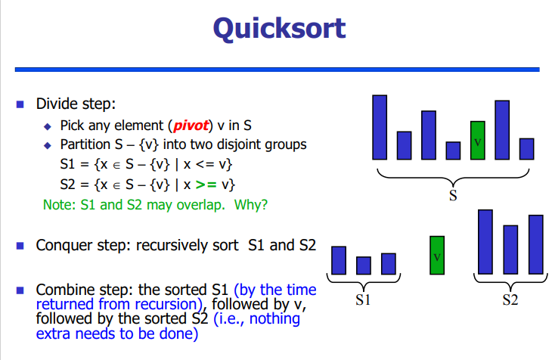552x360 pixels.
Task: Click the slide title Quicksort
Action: point(279,29)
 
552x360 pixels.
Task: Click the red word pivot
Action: point(191,126)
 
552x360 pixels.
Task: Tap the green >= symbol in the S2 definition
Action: point(206,185)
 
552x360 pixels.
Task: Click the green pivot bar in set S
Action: point(477,140)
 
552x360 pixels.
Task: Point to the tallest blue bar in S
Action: point(380,127)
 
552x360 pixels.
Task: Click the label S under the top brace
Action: point(453,195)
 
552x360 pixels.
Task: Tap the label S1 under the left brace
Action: point(363,299)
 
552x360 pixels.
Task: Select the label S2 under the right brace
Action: point(510,299)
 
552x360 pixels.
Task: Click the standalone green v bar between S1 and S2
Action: point(437,255)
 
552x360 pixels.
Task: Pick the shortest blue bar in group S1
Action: point(363,265)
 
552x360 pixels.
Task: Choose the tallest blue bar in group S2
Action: point(485,242)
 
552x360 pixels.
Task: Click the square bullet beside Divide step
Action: point(20,104)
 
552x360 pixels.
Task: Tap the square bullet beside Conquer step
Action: point(20,246)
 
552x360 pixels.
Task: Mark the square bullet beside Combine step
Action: point(20,290)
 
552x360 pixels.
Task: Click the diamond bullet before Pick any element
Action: point(48,126)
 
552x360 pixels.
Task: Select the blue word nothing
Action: point(274,318)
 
